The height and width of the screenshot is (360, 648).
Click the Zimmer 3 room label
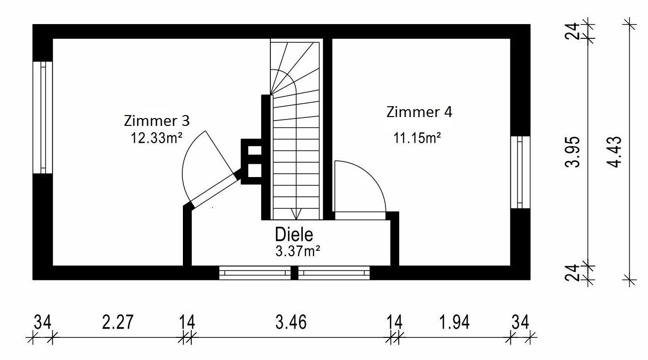[157, 120]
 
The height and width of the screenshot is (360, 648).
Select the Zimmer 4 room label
[419, 112]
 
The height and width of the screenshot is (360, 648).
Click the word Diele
[294, 235]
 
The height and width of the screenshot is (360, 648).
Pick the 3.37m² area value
[298, 251]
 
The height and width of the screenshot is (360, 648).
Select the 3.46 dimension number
[291, 323]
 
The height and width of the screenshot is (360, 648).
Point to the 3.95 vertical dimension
[573, 152]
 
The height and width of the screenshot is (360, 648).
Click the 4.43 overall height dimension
[616, 152]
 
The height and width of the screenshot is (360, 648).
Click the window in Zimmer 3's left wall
[43, 118]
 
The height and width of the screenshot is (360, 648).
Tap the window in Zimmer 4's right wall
[520, 172]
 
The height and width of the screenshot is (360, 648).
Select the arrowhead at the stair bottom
[295, 214]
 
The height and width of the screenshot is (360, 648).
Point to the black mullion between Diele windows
[295, 273]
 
